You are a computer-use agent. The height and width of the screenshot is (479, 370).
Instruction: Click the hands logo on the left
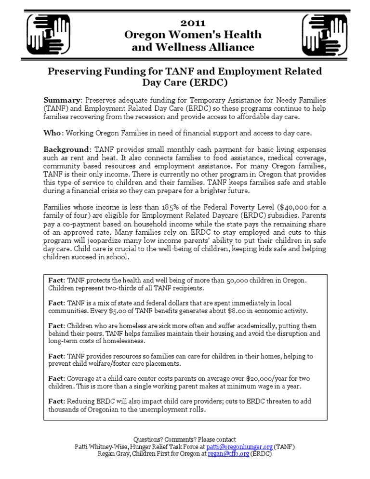coord(45,34)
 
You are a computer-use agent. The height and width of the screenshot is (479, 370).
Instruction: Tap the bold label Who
coord(53,133)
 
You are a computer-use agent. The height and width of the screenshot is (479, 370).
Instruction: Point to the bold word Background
coord(66,149)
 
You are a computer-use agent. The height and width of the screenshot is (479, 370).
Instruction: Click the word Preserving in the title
coord(74,71)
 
